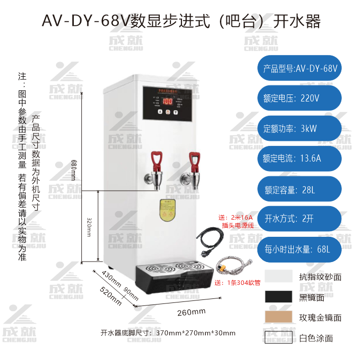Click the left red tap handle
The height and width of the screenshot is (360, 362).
[x=158, y=158]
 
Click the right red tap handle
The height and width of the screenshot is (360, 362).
[x=194, y=159]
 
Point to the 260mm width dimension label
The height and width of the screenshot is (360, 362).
[x=191, y=312]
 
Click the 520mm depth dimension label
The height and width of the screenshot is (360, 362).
[x=111, y=296]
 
